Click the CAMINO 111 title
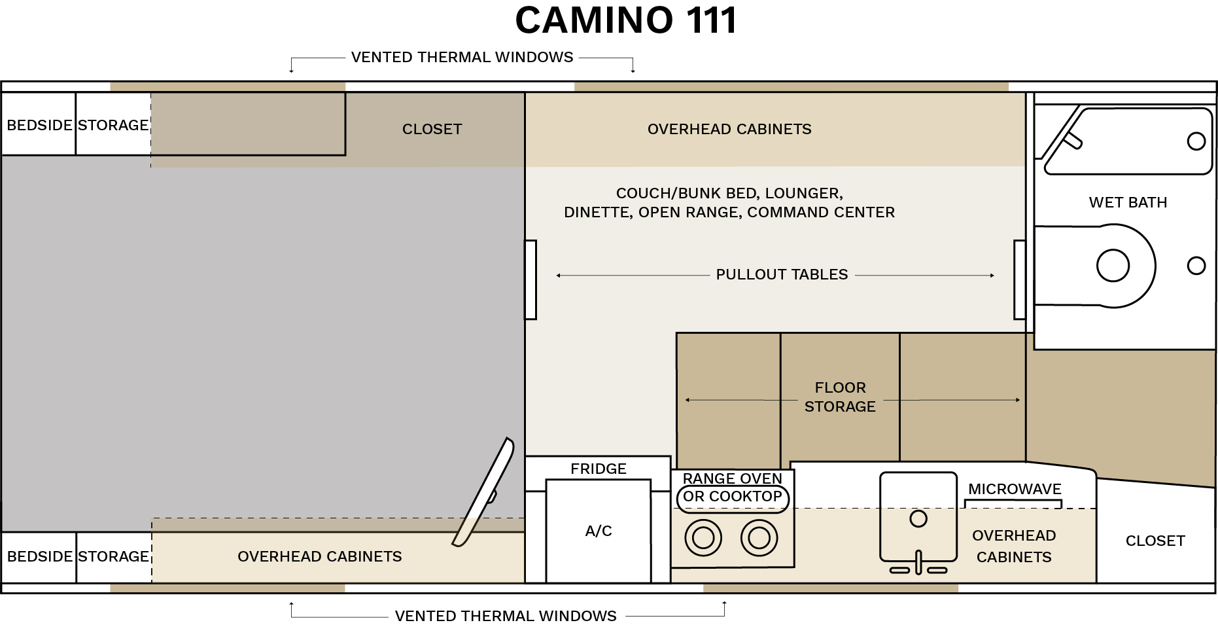click(x=626, y=20)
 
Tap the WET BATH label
click(x=1128, y=202)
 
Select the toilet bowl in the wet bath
click(x=1113, y=266)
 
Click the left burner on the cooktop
click(x=703, y=538)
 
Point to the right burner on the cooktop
click(x=759, y=538)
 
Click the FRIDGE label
click(x=598, y=469)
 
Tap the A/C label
click(x=598, y=531)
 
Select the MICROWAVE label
click(x=1015, y=489)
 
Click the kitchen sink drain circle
click(x=918, y=519)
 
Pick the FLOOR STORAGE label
click(x=840, y=397)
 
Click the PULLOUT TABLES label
click(x=782, y=274)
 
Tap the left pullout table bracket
click(x=531, y=279)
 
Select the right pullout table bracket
click(x=1019, y=279)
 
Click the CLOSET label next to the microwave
click(x=1155, y=541)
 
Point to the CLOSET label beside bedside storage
click(x=432, y=129)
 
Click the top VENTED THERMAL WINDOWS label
click(x=462, y=57)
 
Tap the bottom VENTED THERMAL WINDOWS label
click(x=506, y=616)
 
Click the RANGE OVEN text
click(x=732, y=478)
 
